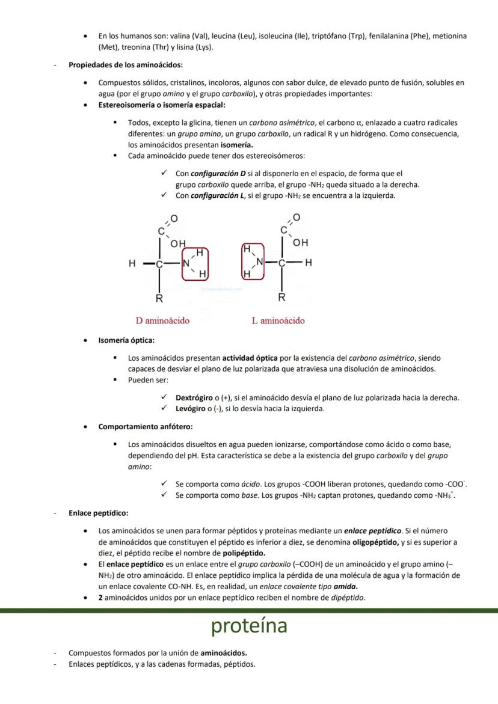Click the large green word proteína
(x=248, y=626)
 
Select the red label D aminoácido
(x=162, y=320)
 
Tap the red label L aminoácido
(x=278, y=320)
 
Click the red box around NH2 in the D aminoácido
(x=195, y=263)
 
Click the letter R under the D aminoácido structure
(x=159, y=298)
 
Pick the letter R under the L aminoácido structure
(x=281, y=297)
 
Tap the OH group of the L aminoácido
(x=300, y=243)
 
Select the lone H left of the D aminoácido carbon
(x=132, y=263)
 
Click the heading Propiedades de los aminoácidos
(x=126, y=65)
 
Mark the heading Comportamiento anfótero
(x=146, y=426)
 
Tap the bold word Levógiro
(x=191, y=409)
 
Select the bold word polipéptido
(x=244, y=553)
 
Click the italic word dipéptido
(x=347, y=598)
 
